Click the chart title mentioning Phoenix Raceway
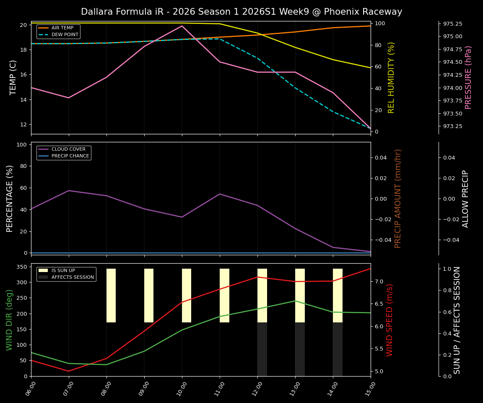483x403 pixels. (x=241, y=12)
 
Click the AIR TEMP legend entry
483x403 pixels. (x=62, y=28)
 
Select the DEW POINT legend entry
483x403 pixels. (x=65, y=34)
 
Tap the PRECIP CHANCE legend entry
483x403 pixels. (x=70, y=156)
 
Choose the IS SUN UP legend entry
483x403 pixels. (x=63, y=271)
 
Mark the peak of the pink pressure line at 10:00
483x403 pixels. (x=182, y=26)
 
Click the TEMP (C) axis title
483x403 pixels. (x=13, y=77)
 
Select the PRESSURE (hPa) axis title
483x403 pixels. (x=468, y=77)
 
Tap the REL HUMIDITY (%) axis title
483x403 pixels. (x=391, y=77)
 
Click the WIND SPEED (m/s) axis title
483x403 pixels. (x=390, y=320)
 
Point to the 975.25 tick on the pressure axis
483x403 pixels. (x=456, y=24)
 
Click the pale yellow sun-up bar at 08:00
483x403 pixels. (x=111, y=296)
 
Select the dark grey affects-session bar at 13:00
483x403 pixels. (x=300, y=349)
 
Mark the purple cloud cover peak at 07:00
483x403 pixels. (x=69, y=191)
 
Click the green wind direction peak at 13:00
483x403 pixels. (x=295, y=301)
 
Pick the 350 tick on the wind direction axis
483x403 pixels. (x=23, y=267)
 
